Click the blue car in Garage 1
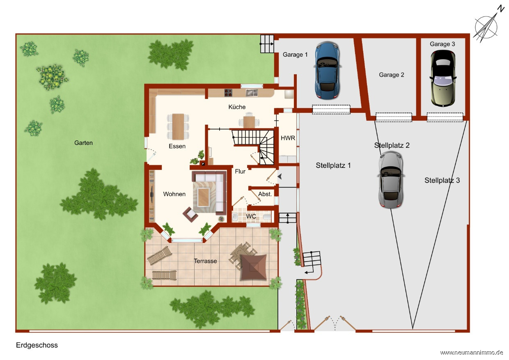[328, 70]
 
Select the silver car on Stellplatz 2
[391, 179]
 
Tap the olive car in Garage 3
[443, 78]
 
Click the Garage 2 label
[392, 75]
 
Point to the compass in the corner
[486, 27]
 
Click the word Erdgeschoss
[37, 345]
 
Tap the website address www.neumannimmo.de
[472, 353]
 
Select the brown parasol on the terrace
[254, 267]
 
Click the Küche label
[237, 107]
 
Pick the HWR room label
[288, 138]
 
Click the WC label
[251, 216]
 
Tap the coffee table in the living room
[203, 197]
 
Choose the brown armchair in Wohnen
[190, 214]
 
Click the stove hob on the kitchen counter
[228, 93]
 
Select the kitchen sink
[252, 93]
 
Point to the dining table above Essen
[178, 126]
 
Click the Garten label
[83, 143]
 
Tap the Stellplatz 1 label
[333, 165]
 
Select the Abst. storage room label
[265, 194]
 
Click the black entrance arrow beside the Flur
[280, 177]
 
